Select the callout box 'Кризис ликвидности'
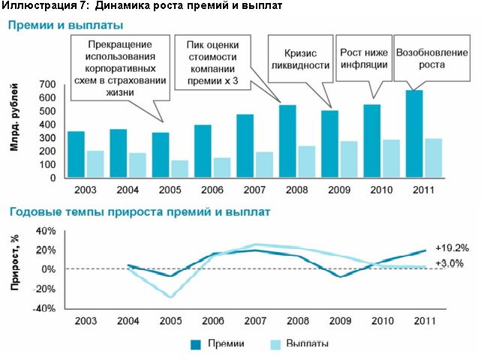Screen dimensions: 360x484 300,59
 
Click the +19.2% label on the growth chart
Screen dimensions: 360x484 452,247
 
